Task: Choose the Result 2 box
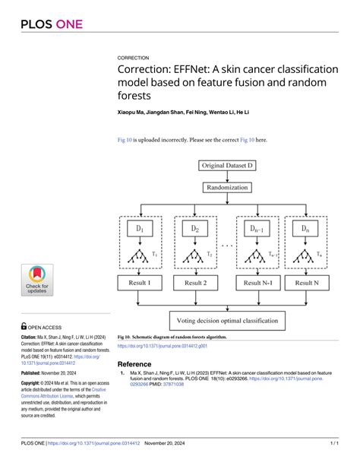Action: [x=195, y=283]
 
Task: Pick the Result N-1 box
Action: [x=251, y=283]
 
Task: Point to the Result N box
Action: [x=306, y=283]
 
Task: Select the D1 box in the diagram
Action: [x=140, y=228]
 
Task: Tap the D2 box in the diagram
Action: [x=195, y=228]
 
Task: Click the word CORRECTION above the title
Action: [x=133, y=58]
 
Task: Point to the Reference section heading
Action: [x=134, y=364]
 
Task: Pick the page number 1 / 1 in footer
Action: [x=333, y=442]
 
